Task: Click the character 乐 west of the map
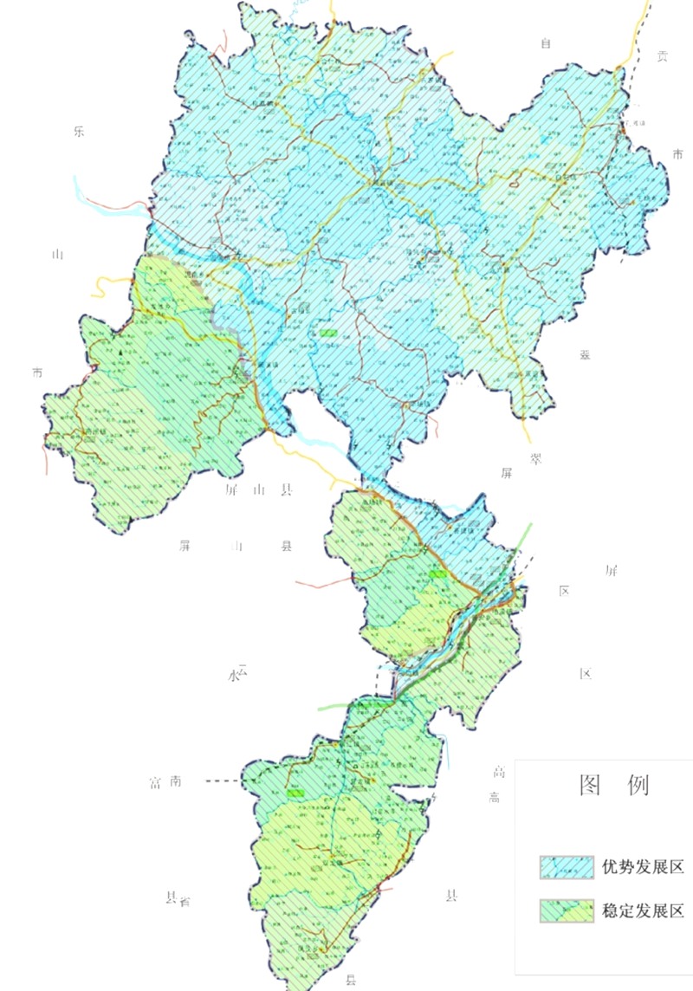(78, 133)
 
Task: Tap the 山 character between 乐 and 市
(58, 255)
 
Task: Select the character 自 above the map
(546, 43)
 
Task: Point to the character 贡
(663, 57)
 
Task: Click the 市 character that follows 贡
(677, 154)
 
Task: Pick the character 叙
(585, 355)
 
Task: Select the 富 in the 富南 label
(155, 782)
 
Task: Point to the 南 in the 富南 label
(176, 782)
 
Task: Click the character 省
(185, 901)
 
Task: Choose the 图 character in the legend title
(591, 785)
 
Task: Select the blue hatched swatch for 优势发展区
(566, 866)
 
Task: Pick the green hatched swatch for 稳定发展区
(566, 910)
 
